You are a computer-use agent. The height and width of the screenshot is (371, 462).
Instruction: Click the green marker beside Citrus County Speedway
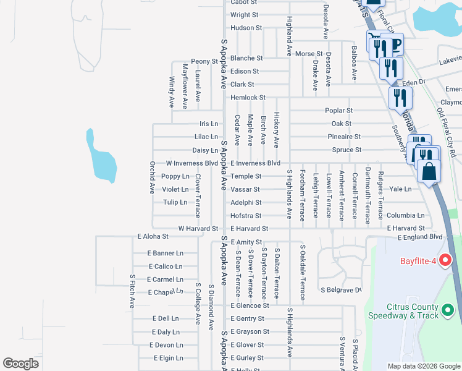tap(448, 310)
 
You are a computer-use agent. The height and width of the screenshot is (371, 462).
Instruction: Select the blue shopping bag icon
tap(429, 171)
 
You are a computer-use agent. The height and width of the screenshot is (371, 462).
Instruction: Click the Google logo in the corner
tap(20, 364)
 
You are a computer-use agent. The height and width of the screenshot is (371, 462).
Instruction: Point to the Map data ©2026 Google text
tap(423, 366)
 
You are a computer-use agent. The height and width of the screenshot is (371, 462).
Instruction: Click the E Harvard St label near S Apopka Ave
tap(249, 228)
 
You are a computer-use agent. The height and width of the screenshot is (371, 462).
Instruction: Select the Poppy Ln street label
tap(175, 176)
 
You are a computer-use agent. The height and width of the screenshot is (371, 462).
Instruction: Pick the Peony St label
tap(204, 61)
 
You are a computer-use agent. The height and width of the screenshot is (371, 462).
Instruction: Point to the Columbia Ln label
tap(406, 216)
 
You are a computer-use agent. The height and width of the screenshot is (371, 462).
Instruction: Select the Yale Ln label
tap(400, 189)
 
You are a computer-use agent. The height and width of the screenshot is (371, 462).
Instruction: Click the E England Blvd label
tap(421, 237)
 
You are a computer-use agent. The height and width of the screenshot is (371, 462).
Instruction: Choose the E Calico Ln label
tap(165, 267)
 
